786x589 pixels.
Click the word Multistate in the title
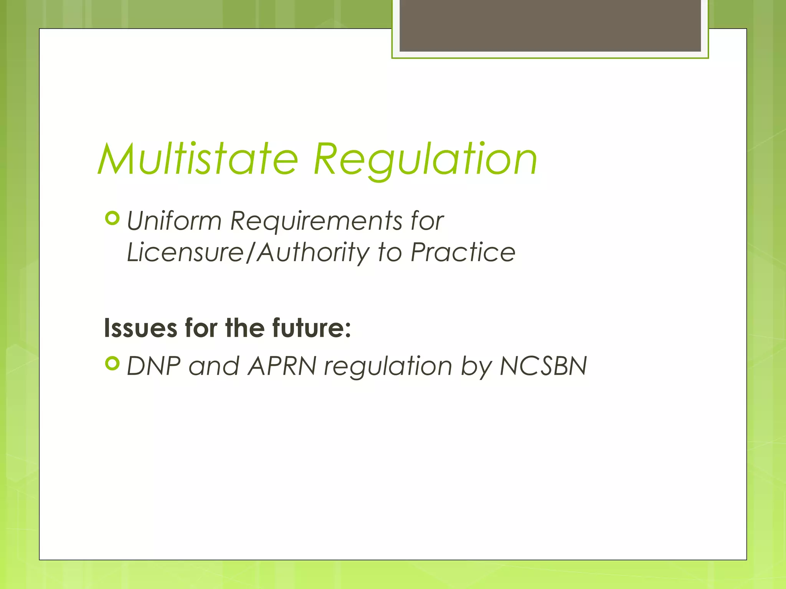tap(198, 159)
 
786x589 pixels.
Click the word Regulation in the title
tap(425, 159)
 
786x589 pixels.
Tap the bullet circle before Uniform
tap(112, 219)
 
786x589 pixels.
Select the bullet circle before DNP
tap(112, 363)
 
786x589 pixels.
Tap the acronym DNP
tap(154, 366)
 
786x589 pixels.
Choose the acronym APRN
tap(282, 366)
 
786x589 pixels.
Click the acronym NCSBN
tap(543, 366)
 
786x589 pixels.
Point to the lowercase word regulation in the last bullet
tap(388, 366)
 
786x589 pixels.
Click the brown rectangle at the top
tap(550, 25)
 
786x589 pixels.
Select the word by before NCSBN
tap(476, 366)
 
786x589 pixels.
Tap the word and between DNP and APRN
tap(214, 366)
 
